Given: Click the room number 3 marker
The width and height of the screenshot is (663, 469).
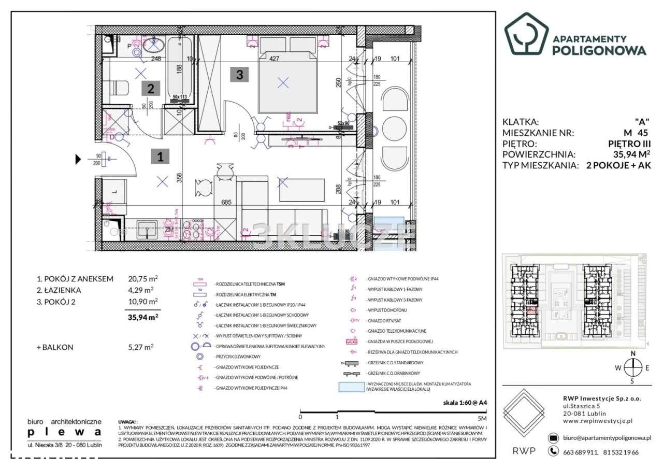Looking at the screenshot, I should (239, 75).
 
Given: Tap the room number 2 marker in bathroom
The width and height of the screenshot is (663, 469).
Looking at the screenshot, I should (150, 89).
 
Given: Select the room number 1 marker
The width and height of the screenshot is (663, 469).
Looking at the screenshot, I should (161, 157).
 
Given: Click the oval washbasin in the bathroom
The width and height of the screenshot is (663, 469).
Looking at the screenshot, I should (152, 47).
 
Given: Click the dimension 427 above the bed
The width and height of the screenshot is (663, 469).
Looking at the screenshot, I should (275, 59).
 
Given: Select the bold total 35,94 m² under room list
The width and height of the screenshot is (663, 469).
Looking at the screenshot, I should (142, 318).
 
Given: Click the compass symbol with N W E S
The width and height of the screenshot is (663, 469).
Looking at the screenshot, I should (632, 367).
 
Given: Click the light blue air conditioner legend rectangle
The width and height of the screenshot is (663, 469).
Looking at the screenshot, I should (352, 387).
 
